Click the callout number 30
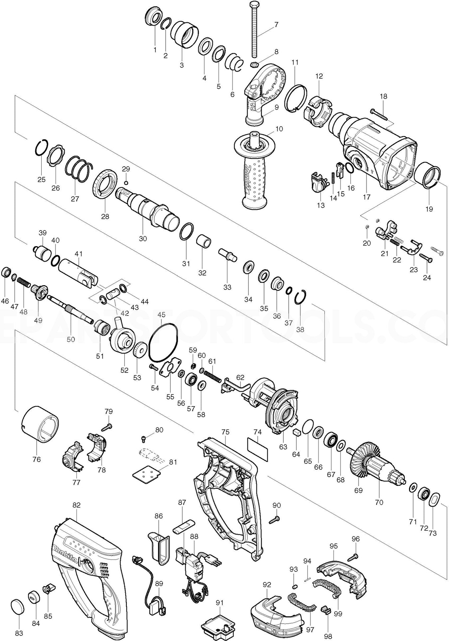click(143, 239)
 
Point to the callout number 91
click(220, 602)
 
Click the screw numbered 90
click(276, 518)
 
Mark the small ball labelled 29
click(126, 182)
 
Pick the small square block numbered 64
click(296, 433)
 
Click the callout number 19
click(429, 209)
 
